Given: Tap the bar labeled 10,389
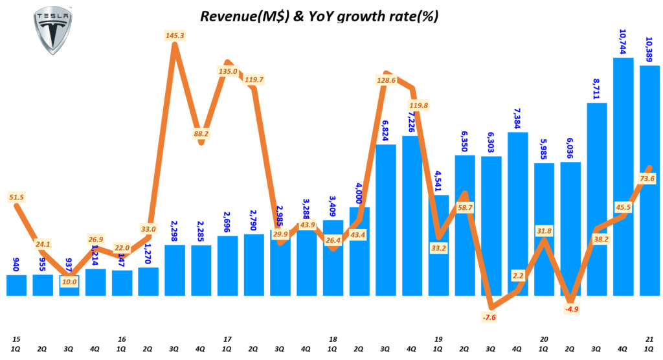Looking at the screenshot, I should pyautogui.click(x=649, y=181).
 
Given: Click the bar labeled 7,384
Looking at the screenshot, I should pyautogui.click(x=518, y=214).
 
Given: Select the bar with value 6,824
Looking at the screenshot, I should pyautogui.click(x=386, y=220).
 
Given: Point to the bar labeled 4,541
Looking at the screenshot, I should pyautogui.click(x=438, y=245).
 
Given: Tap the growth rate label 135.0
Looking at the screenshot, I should pyautogui.click(x=228, y=71).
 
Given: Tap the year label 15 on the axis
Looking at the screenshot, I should pyautogui.click(x=16, y=339).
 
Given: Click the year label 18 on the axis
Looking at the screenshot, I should pyautogui.click(x=333, y=339).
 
